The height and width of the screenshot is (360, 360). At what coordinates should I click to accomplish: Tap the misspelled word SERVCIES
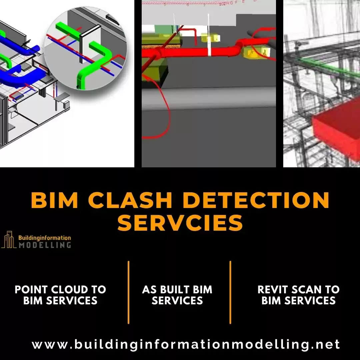point(180,222)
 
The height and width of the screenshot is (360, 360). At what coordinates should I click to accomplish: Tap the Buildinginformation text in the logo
point(45,238)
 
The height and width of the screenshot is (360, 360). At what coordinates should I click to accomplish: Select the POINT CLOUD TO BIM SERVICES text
point(60,295)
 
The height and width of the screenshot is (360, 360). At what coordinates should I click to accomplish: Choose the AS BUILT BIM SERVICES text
point(177,295)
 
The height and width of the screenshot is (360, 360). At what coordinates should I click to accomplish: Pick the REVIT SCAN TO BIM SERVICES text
point(298,295)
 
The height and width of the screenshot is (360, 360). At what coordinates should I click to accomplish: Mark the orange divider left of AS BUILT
point(129,292)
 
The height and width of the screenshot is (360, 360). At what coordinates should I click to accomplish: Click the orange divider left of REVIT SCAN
point(230,292)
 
